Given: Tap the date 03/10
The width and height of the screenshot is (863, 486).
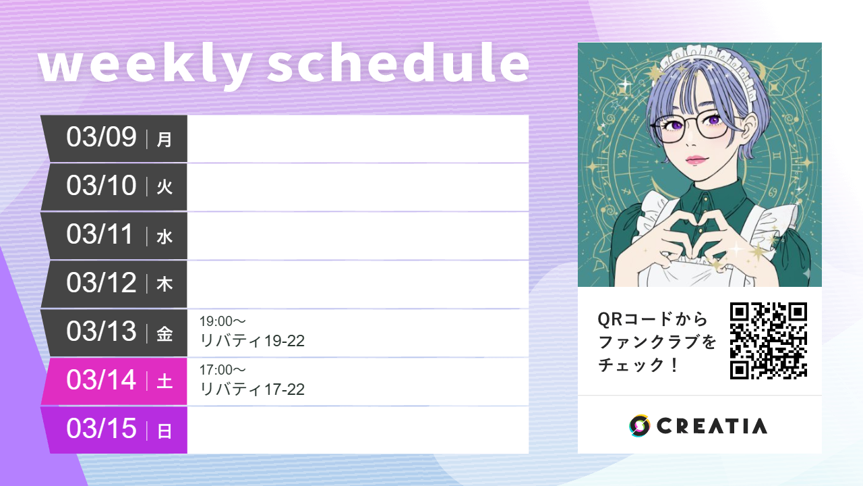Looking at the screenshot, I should pos(102,186).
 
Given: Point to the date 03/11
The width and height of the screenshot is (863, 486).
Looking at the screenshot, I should pos(102,234).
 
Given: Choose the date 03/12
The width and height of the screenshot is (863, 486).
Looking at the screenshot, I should pos(102,283).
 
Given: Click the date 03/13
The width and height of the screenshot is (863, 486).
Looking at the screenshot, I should pos(102,331).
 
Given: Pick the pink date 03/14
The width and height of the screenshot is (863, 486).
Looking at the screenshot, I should pos(102,380).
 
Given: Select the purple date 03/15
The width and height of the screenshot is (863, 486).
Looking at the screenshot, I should pos(102,429).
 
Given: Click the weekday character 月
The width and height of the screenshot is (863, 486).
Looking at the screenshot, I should pos(165,139).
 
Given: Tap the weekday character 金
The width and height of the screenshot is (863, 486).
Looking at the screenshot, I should pos(165,333).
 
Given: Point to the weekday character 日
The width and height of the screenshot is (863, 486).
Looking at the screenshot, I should pos(165,431).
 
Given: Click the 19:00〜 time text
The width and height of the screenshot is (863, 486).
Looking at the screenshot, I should pos(222,321).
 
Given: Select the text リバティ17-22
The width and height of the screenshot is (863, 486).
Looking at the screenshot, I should pos(252,389).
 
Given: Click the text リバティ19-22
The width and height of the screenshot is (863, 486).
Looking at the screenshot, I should pos(252,341).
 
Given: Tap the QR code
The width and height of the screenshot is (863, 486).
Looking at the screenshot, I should pos(769,341).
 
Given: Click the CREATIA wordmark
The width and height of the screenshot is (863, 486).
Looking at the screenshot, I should pos(711,426).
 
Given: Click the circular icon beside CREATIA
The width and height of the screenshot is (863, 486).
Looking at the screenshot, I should pos(639,426).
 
